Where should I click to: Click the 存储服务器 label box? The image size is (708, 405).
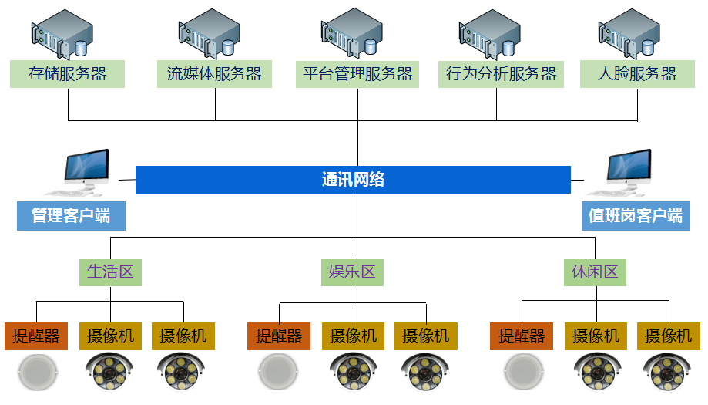click(x=67, y=74)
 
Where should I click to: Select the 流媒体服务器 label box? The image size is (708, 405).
click(x=214, y=74)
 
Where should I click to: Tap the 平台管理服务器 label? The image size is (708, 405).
click(x=357, y=74)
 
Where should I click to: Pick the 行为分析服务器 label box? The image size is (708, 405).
click(x=501, y=74)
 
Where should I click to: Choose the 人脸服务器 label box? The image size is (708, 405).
click(x=637, y=74)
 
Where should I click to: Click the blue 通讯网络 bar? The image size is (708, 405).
click(x=353, y=180)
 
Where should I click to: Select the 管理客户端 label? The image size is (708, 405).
click(x=71, y=216)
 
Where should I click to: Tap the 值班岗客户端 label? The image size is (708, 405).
click(x=635, y=216)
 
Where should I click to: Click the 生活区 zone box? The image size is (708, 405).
click(x=110, y=272)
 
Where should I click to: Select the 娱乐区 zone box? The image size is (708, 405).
click(x=351, y=272)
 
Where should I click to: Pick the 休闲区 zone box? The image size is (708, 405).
click(x=595, y=272)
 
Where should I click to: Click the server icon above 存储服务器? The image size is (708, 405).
click(x=62, y=35)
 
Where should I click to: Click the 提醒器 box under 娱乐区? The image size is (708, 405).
click(x=279, y=336)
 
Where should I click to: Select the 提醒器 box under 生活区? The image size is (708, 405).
click(x=36, y=336)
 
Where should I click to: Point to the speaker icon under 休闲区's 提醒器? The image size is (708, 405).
click(x=522, y=373)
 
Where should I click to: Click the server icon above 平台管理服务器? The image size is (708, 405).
click(x=352, y=35)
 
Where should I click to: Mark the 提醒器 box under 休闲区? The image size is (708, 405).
click(x=522, y=336)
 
